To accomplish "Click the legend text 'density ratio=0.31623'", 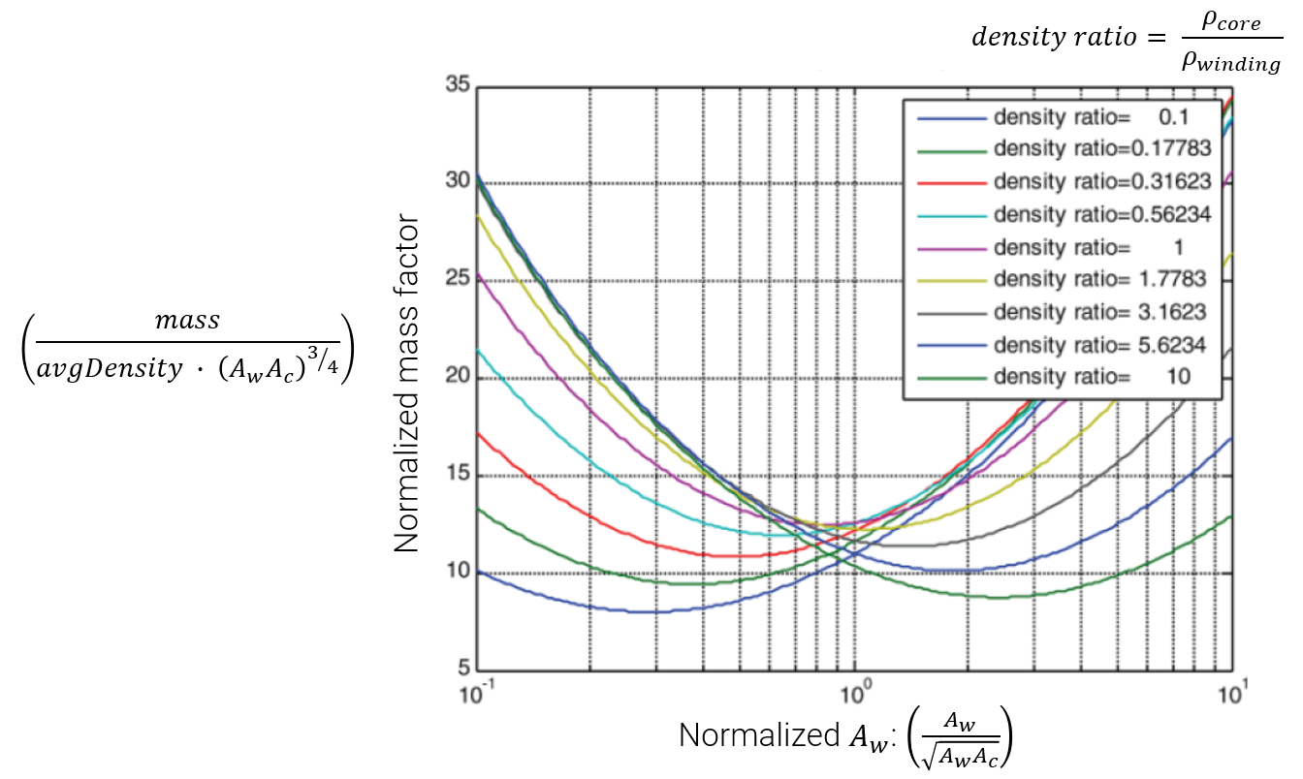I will pyautogui.click(x=1102, y=181).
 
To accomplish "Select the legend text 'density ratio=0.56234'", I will pyautogui.click(x=1102, y=214).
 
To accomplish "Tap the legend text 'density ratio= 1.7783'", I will pyautogui.click(x=1099, y=279).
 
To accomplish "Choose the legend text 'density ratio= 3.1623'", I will pyautogui.click(x=1099, y=312).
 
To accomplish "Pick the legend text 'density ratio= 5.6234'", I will pyautogui.click(x=1099, y=344).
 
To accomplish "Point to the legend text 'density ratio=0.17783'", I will pyautogui.click(x=1102, y=149).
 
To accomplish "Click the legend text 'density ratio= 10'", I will pyautogui.click(x=1092, y=377).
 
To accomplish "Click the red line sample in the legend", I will pyautogui.click(x=951, y=182).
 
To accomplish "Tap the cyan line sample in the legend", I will pyautogui.click(x=951, y=215).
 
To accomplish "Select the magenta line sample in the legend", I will pyautogui.click(x=951, y=247).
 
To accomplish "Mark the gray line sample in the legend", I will pyautogui.click(x=951, y=312).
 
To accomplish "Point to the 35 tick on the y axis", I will pyautogui.click(x=458, y=85).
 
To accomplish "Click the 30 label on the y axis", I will pyautogui.click(x=458, y=181).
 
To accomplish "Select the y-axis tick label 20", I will pyautogui.click(x=458, y=378).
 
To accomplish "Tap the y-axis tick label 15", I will pyautogui.click(x=458, y=475).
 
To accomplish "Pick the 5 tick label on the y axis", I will pyautogui.click(x=463, y=669).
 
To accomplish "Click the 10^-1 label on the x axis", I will pyautogui.click(x=475, y=694).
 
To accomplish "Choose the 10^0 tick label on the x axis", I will pyautogui.click(x=855, y=694).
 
